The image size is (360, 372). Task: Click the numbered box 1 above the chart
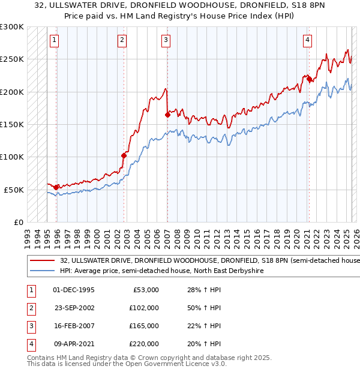[54, 40]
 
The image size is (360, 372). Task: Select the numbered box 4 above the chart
[307, 40]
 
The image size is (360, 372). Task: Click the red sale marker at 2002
[124, 155]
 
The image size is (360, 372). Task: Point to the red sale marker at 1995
[56, 187]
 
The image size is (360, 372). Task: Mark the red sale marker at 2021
[309, 79]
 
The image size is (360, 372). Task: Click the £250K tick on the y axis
[13, 59]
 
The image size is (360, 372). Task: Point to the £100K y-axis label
[13, 157]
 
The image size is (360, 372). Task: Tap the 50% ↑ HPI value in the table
[205, 308]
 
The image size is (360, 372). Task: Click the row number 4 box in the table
[29, 344]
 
